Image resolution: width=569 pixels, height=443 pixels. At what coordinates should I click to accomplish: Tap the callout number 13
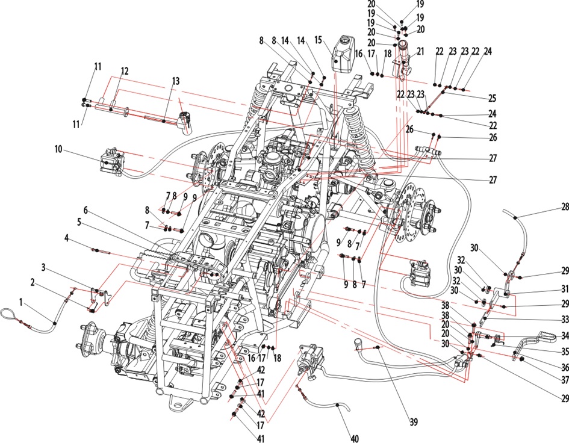click(x=176, y=80)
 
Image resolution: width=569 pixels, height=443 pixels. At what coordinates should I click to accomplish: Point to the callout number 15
click(x=319, y=40)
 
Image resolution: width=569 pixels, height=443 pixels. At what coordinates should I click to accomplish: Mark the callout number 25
click(x=492, y=98)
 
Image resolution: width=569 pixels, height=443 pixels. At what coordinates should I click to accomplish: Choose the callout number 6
click(x=86, y=210)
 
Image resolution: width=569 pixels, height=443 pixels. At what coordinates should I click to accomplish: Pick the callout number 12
click(x=125, y=71)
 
